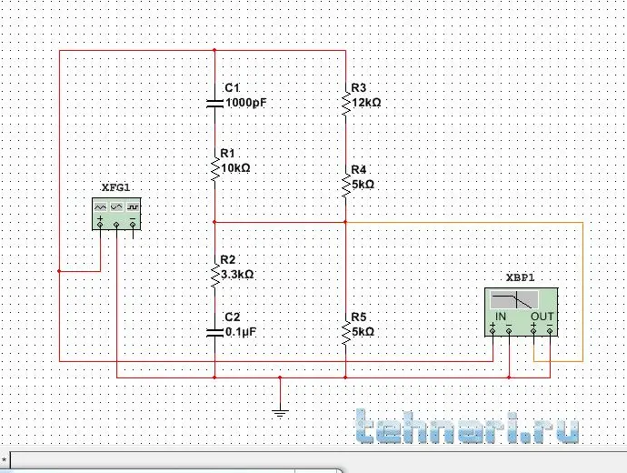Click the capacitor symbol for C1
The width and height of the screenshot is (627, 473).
coord(214,103)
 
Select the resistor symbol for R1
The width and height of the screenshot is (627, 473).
coord(214,168)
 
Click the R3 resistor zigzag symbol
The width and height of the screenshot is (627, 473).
coord(346,103)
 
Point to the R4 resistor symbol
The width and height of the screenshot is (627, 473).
coord(346,185)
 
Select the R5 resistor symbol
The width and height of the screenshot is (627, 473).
coord(346,332)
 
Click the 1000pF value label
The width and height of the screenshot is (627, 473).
coord(245,103)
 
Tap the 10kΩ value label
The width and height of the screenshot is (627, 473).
coord(235,168)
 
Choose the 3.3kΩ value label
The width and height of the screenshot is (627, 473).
coord(237,274)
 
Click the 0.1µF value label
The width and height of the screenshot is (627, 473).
coord(241,332)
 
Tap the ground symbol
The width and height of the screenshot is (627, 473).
coord(280,412)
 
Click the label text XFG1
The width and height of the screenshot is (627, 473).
coord(116,186)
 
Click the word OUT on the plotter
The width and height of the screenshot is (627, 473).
coord(542,317)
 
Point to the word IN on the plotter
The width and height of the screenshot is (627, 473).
coord(500,317)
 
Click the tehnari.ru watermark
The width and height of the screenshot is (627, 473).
coord(468,429)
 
